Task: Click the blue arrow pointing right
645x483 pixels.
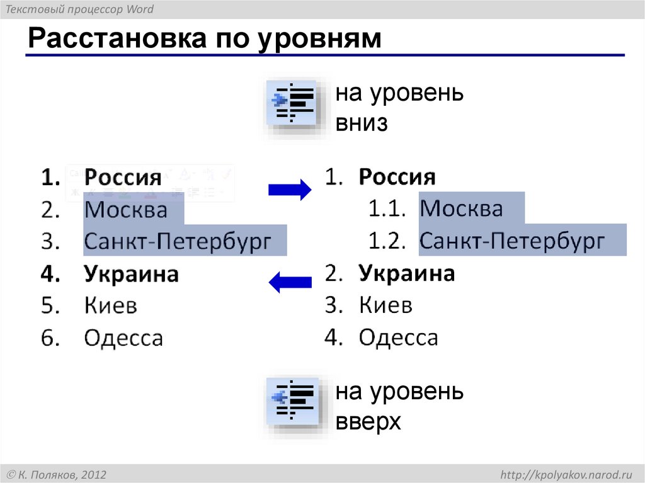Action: click(x=290, y=189)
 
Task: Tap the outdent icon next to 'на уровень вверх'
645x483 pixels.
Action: click(x=292, y=402)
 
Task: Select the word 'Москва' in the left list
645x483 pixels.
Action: click(x=126, y=209)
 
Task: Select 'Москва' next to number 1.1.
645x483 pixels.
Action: click(x=462, y=208)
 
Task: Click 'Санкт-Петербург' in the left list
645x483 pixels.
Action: click(x=178, y=242)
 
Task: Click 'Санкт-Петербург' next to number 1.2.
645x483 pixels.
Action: click(x=512, y=241)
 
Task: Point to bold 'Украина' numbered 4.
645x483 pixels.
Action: click(x=132, y=275)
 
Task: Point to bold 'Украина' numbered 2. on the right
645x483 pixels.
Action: click(x=407, y=273)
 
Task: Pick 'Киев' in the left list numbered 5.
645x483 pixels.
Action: click(x=111, y=306)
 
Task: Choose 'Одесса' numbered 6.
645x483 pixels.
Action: click(x=123, y=338)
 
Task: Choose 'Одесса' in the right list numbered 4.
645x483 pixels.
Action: click(x=398, y=338)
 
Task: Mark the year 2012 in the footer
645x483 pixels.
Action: click(x=93, y=474)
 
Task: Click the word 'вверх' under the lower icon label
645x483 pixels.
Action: click(x=368, y=422)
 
